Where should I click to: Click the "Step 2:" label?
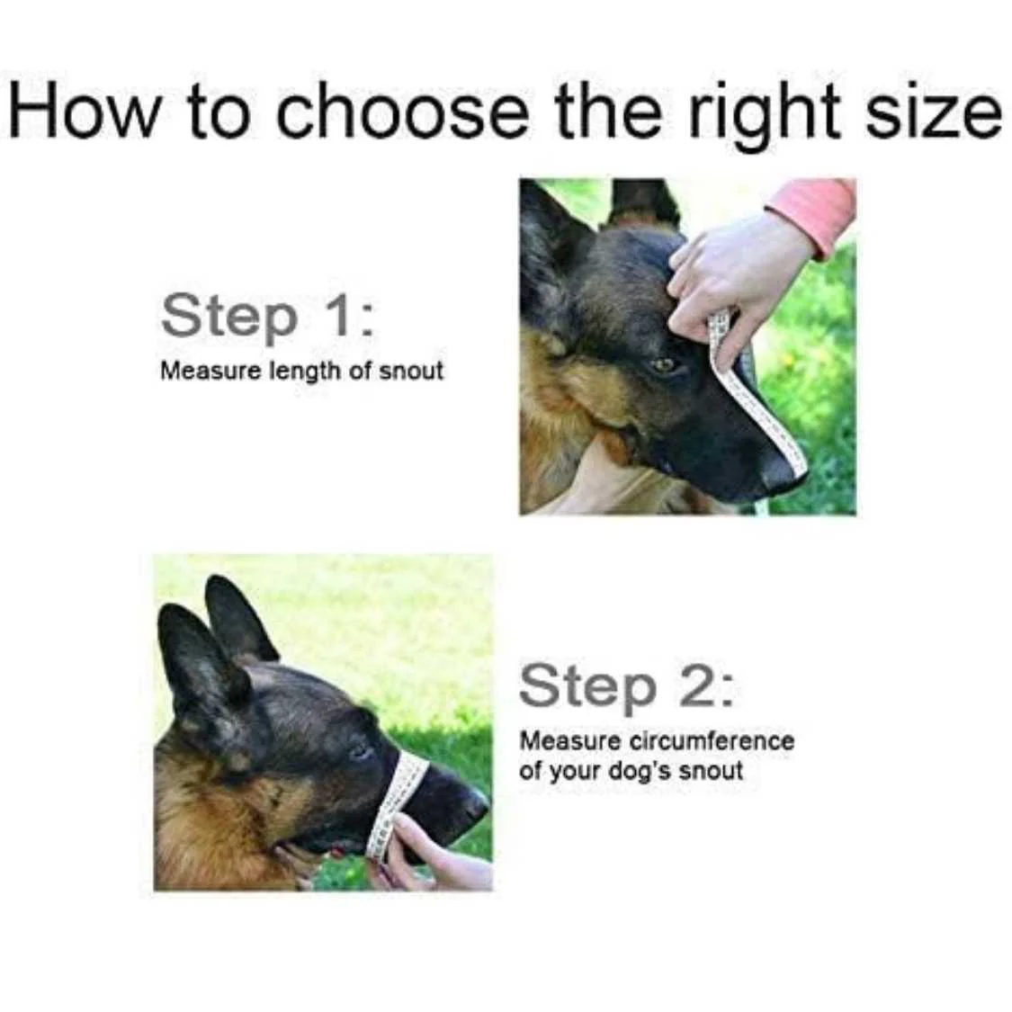click(627, 686)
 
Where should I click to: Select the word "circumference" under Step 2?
click(712, 740)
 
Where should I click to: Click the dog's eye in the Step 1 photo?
click(661, 366)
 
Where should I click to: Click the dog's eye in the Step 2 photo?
click(358, 751)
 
